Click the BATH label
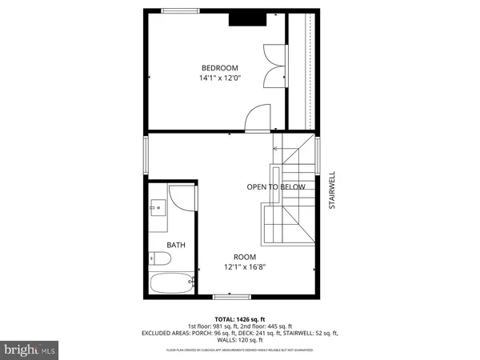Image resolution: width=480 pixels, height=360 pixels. click(x=176, y=245)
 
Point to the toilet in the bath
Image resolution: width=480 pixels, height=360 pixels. click(x=158, y=258)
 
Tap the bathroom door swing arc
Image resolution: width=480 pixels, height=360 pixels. click(x=182, y=198)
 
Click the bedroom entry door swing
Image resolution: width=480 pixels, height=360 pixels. click(x=258, y=118)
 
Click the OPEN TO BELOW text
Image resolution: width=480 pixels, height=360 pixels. click(x=276, y=187)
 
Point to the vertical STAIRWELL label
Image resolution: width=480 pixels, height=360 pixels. click(x=330, y=190)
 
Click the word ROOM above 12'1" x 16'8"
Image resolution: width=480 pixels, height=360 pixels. click(x=245, y=256)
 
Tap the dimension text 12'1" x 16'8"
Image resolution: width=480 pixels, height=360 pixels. click(x=245, y=267)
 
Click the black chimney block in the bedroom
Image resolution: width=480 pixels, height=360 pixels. click(x=242, y=21)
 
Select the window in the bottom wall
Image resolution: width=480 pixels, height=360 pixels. click(x=226, y=297)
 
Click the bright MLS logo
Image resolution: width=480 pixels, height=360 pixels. click(x=30, y=350)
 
